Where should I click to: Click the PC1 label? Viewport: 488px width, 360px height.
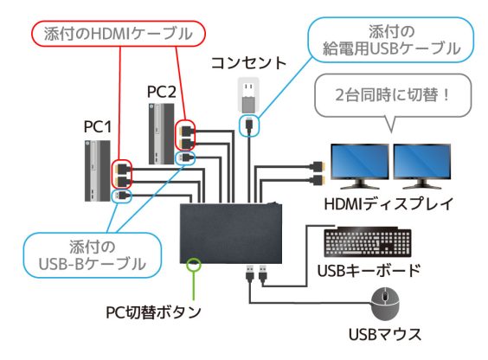pos(98,127)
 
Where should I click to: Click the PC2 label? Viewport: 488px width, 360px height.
pos(161,90)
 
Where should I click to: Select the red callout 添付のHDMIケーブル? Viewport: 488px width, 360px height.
pos(112,35)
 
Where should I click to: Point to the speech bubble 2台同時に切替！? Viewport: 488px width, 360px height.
pos(388,93)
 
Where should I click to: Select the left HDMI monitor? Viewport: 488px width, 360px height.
pos(356,165)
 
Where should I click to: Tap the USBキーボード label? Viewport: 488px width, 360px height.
pos(376,270)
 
